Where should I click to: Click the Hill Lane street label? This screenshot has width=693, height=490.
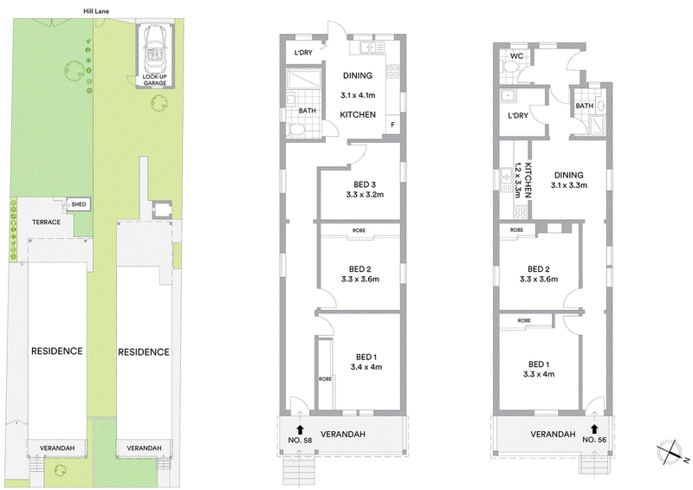(96, 11)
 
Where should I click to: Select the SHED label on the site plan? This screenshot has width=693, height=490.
(79, 204)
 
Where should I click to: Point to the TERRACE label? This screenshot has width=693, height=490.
(47, 222)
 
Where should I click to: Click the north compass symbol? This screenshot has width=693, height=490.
(670, 452)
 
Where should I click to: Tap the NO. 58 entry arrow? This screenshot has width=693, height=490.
(300, 429)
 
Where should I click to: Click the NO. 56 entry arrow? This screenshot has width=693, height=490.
(594, 429)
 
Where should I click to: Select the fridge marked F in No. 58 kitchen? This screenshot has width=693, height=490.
(392, 125)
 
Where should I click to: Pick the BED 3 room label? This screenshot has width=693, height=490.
(365, 184)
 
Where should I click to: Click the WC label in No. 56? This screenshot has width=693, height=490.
(516, 56)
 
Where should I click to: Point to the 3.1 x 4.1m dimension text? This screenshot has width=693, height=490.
(358, 95)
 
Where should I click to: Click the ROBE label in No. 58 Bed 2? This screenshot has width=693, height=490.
(359, 230)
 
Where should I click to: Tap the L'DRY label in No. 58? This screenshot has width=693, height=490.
(304, 53)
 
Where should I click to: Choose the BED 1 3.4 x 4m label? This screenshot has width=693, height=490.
(366, 362)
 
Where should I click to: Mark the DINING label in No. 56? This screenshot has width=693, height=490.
(569, 175)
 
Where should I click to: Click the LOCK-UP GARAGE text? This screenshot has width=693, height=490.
(155, 80)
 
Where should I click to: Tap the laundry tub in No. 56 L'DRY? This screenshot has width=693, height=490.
(507, 96)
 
